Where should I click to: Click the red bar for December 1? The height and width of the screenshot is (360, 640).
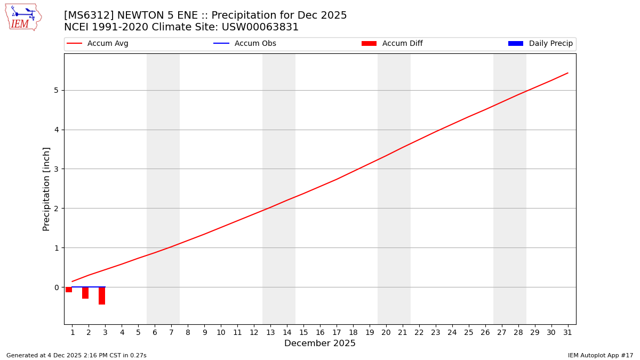point(69,290)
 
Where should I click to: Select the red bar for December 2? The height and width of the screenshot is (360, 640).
point(85,293)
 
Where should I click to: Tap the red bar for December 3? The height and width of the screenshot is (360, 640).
point(102,295)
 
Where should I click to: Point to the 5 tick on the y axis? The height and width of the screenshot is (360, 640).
point(55,90)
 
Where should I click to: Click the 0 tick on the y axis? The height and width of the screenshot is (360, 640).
point(55,287)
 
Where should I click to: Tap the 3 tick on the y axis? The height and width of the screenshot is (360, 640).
point(55,169)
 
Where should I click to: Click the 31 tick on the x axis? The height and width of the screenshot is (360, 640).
point(567,333)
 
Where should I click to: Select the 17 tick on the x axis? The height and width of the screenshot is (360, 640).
point(337,333)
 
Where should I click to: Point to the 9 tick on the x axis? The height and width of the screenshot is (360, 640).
point(204,333)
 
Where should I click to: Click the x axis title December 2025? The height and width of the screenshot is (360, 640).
point(320,343)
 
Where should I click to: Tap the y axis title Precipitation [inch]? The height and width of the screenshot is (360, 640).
point(46,189)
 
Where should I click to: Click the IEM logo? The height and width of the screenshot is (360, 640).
point(23,17)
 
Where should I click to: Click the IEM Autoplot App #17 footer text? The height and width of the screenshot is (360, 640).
point(601,355)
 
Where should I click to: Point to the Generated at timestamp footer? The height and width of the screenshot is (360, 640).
point(76,355)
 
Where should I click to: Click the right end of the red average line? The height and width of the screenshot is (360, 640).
point(567,73)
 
